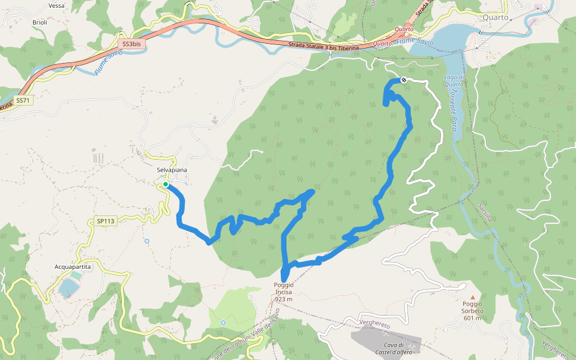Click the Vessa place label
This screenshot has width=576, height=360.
coord(56,5)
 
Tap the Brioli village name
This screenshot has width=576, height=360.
coord(40,22)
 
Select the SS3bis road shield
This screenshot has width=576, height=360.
coord(130,44)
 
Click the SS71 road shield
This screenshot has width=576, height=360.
coord(22,100)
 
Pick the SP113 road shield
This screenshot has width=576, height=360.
coord(105,221)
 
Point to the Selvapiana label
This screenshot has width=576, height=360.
coord(172,170)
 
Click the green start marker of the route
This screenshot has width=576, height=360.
coord(166,185)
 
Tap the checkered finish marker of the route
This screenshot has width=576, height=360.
coord(404,80)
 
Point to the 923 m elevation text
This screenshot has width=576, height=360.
coord(283,299)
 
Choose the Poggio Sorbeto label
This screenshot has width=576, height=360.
coord(472,308)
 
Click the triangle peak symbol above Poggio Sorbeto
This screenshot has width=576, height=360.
coord(472,297)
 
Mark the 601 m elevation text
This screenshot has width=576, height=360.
coord(472,318)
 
